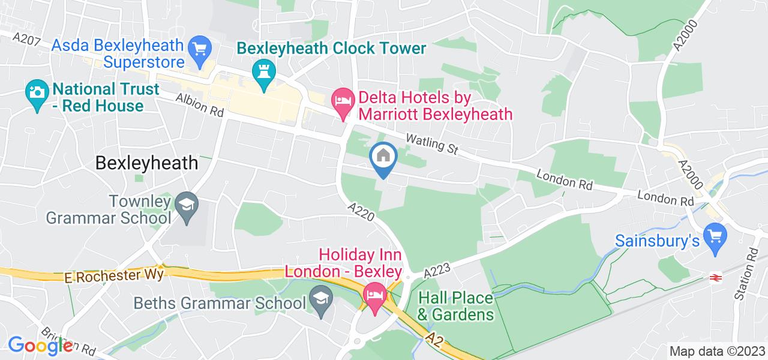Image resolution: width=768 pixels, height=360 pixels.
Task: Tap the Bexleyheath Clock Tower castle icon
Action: (263, 73)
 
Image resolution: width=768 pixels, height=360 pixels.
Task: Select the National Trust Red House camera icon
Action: (37, 93)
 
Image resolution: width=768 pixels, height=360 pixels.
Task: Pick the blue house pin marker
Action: (383, 157)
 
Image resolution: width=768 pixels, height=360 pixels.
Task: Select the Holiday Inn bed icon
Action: (375, 296)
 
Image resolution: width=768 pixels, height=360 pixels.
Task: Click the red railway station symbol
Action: (715, 277)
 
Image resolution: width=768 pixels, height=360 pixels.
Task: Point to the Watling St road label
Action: (431, 145)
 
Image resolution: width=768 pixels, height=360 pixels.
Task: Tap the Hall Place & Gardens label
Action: (456, 306)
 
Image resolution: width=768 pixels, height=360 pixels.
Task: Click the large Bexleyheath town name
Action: (147, 163)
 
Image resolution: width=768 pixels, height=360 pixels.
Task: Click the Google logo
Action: (40, 346)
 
